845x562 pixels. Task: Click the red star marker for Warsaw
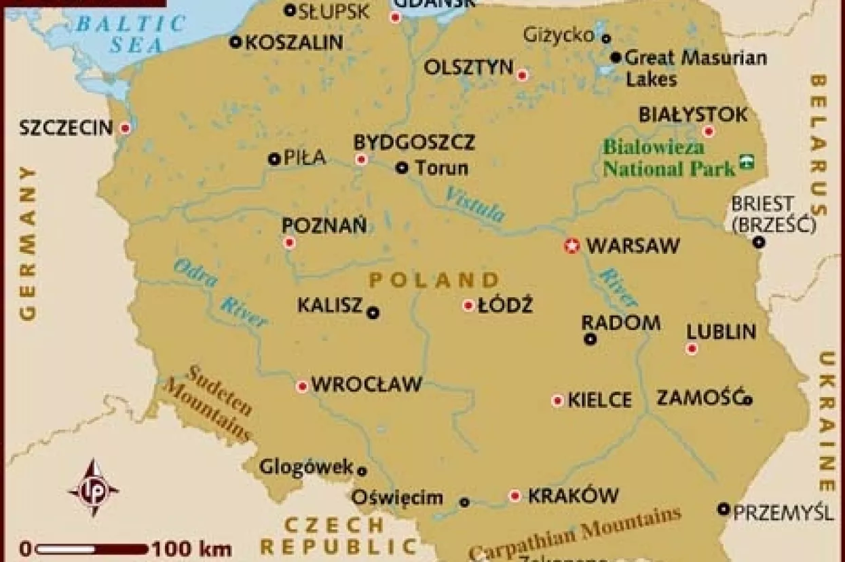point(571,246)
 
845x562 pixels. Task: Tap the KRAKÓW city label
point(573,496)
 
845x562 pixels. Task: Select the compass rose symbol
point(93,488)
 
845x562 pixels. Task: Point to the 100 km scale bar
point(92,548)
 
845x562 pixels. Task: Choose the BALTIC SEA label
point(130,34)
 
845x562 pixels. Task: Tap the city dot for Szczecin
point(125,128)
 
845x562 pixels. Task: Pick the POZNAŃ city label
point(324,225)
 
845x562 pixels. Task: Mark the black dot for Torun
point(402,167)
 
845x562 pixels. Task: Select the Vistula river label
point(475,204)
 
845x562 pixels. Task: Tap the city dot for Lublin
point(692,349)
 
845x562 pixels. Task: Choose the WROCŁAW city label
point(367,385)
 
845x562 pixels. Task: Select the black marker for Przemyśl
point(724,508)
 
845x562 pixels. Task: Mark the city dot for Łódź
point(468,305)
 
